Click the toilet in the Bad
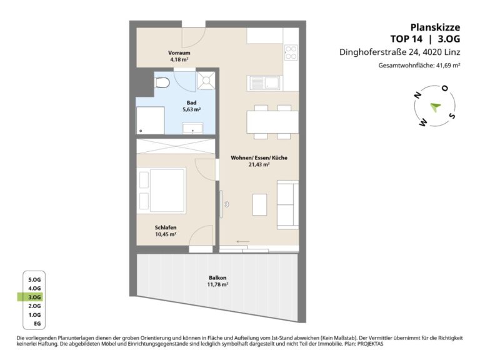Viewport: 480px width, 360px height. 162,82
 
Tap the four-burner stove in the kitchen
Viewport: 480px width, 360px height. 291,52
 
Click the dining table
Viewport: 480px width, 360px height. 272,122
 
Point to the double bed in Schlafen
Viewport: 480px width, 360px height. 161,191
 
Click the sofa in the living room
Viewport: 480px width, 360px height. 287,205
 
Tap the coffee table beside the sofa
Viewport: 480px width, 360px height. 259,204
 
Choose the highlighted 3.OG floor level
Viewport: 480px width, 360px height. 34,297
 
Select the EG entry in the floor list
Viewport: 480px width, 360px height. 37,324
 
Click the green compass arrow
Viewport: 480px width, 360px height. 435,107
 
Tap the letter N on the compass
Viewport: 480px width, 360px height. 417,95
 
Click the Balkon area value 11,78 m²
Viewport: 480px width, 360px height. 217,284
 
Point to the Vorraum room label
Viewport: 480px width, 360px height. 179,52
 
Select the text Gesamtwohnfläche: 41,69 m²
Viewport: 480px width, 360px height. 419,65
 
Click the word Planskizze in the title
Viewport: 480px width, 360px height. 435,27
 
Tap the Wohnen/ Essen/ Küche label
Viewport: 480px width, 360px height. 259,158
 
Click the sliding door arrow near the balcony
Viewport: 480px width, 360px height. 242,242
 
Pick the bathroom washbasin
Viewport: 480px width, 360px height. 192,128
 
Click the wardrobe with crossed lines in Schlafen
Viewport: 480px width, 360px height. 176,146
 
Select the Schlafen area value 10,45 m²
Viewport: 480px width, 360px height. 166,234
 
